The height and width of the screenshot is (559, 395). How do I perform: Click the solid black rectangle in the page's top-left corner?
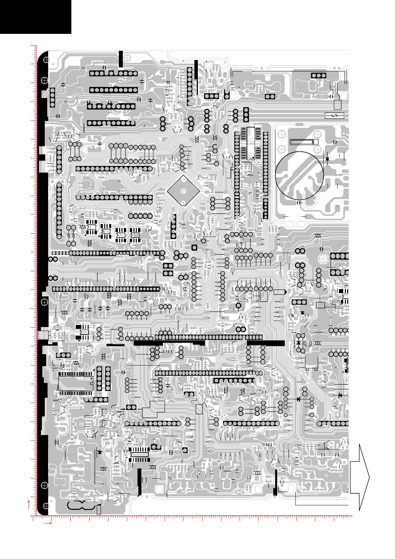[x=36, y=17]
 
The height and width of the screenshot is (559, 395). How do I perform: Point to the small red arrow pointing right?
[x=48, y=523]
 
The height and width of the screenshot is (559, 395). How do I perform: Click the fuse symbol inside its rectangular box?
[x=334, y=116]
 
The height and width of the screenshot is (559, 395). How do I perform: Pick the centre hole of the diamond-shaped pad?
[x=183, y=191]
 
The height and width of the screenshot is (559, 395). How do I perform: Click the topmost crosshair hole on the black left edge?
[x=46, y=60]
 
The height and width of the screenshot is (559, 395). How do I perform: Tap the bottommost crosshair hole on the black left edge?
[x=46, y=506]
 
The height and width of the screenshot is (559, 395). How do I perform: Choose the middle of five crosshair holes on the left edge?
[x=44, y=302]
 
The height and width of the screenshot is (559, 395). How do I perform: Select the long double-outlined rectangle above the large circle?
[x=301, y=142]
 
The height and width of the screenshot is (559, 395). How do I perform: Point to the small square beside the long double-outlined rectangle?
[x=316, y=142]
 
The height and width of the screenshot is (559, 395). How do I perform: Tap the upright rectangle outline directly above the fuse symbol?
[x=338, y=105]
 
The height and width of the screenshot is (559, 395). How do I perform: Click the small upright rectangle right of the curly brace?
[x=99, y=510]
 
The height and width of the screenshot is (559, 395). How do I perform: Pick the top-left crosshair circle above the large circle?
[x=281, y=134]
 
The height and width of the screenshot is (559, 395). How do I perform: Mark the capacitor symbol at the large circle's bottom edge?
[x=299, y=202]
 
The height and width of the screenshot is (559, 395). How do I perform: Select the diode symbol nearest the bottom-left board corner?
[x=99, y=452]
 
